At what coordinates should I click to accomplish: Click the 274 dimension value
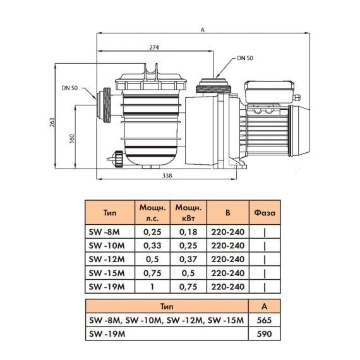(x=154, y=47)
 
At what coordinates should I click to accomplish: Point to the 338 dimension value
(x=167, y=176)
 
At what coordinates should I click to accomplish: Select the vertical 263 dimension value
(x=52, y=123)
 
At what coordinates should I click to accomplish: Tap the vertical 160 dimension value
(x=72, y=139)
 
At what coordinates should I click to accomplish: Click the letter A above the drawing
(x=202, y=30)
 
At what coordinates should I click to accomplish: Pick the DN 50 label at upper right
(x=245, y=58)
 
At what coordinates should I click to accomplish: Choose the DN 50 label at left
(x=69, y=88)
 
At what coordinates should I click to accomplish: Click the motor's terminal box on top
(x=270, y=92)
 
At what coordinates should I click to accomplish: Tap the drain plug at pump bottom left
(x=116, y=159)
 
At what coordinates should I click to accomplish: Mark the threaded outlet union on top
(x=213, y=86)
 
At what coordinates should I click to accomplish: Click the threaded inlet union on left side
(x=104, y=105)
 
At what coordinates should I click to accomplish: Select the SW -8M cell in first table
(x=104, y=232)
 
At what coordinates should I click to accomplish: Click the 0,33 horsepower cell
(x=152, y=246)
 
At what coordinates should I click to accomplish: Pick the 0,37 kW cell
(x=188, y=260)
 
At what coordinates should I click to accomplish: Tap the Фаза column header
(x=265, y=213)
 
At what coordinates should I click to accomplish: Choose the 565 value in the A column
(x=264, y=320)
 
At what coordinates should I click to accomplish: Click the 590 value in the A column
(x=264, y=334)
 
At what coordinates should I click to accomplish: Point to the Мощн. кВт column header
(x=188, y=213)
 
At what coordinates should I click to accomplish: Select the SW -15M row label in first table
(x=107, y=273)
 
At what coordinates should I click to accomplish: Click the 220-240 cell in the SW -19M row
(x=228, y=287)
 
